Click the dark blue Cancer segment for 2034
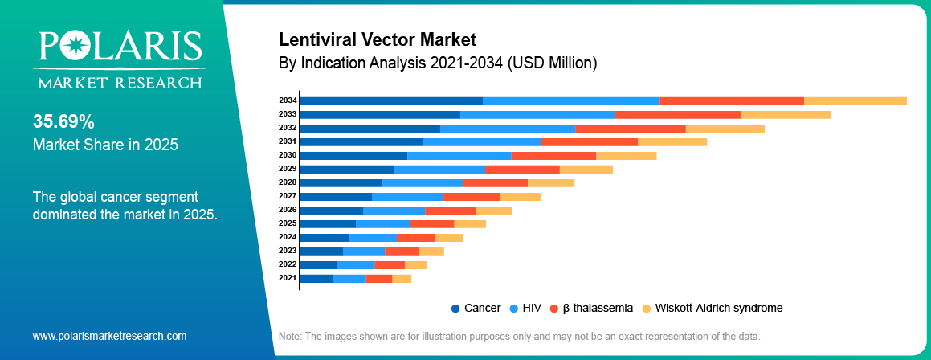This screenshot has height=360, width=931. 390,100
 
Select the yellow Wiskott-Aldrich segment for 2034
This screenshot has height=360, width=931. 855,100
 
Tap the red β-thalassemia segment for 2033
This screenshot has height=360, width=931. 677,114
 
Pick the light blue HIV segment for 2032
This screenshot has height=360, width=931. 507,128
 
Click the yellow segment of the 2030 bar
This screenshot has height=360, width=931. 626,155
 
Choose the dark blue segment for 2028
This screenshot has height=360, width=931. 341,182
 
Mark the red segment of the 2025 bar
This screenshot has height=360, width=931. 431,223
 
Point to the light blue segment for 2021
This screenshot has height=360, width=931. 349,278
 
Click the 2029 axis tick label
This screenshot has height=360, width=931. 288,169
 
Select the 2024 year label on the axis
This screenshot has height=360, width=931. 288,237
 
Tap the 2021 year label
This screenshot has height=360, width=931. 288,278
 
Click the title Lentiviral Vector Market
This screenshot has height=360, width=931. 377,39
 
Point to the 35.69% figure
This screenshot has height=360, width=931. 63,121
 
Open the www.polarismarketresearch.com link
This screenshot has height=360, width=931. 109,336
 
